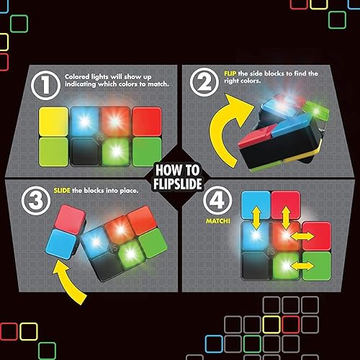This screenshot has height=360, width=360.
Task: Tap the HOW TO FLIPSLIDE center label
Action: (x=180, y=179)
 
